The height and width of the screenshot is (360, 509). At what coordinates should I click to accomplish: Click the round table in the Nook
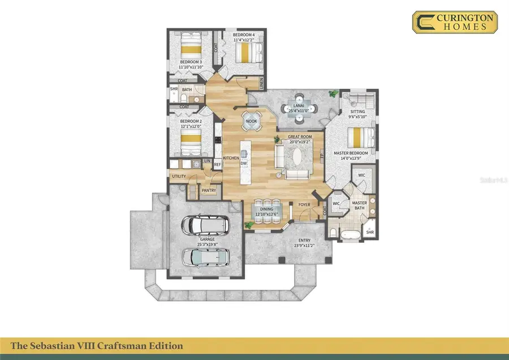click(x=251, y=121)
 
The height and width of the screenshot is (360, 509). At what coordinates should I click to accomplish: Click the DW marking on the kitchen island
click(x=244, y=164)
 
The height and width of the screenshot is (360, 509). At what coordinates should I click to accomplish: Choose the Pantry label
click(x=209, y=191)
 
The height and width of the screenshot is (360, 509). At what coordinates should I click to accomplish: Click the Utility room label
click(x=179, y=177)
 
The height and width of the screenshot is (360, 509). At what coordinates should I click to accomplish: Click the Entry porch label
click(x=304, y=243)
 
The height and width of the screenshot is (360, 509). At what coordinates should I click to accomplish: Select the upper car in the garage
click(x=205, y=226)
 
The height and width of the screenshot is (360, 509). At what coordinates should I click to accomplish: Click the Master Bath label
click(x=360, y=205)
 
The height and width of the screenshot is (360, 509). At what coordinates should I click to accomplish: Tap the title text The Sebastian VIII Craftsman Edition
click(x=97, y=345)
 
